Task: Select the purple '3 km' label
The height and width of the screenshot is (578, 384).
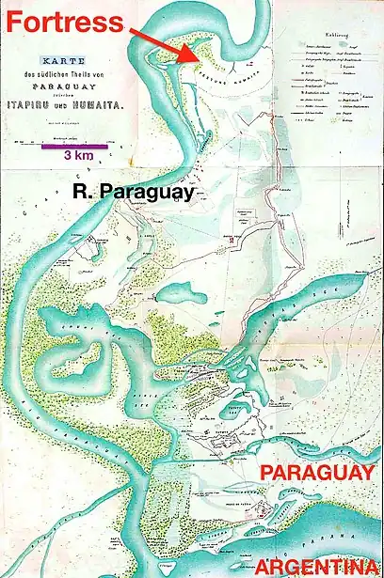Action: click(x=64, y=157)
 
